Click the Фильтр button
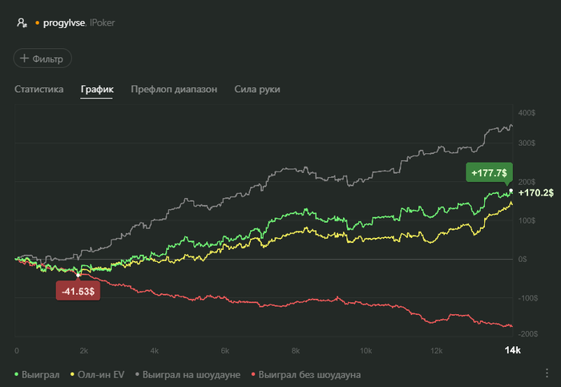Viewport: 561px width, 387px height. click(42, 58)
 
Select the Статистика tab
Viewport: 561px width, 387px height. click(38, 90)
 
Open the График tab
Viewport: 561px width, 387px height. click(97, 90)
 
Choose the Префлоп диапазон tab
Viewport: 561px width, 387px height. click(174, 90)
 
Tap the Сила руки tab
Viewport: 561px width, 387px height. click(257, 90)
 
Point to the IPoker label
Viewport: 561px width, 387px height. click(102, 23)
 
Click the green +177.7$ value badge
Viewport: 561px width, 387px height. click(488, 172)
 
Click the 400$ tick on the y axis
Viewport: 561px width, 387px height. click(526, 113)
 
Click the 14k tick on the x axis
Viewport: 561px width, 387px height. click(511, 351)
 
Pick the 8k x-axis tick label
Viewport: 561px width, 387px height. click(296, 351)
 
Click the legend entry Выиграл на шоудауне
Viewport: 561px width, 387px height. click(191, 374)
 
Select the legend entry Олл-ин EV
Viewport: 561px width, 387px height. click(99, 374)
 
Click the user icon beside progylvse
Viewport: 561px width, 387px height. click(22, 23)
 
